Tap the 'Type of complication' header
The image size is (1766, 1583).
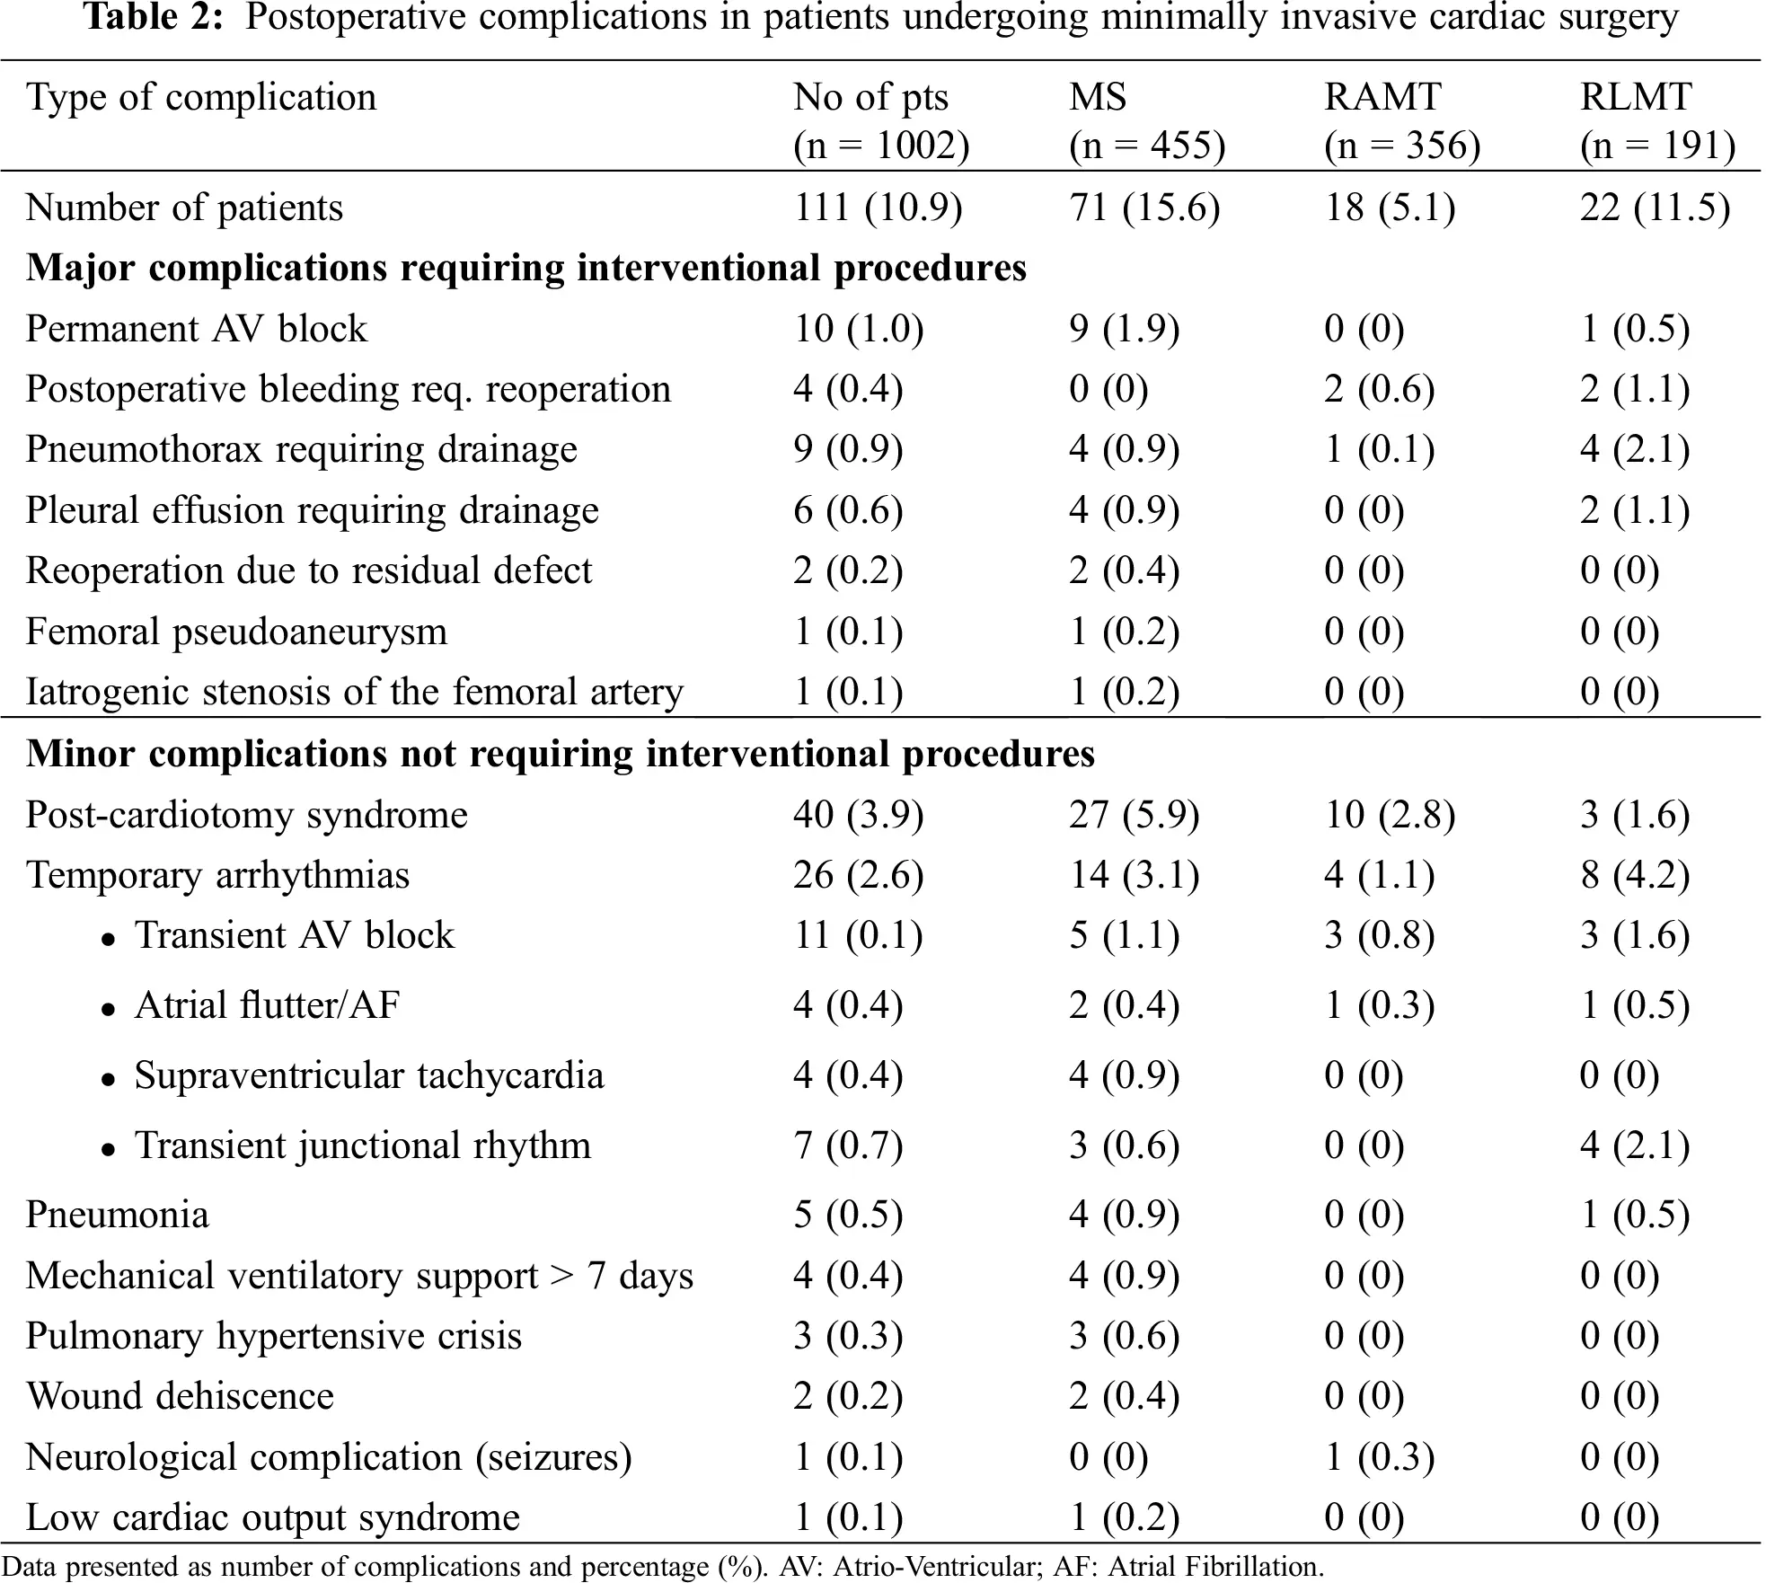click(201, 98)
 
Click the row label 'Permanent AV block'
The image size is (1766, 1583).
click(197, 329)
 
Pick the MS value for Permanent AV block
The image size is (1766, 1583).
click(1124, 330)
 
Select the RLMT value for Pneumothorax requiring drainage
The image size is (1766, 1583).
click(1635, 450)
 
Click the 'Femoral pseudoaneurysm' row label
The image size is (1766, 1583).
click(236, 632)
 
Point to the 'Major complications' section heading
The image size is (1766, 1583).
click(526, 269)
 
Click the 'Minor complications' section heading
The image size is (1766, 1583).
click(561, 754)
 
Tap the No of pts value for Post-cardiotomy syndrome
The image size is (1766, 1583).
click(858, 816)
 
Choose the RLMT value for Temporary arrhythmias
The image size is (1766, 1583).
click(1635, 876)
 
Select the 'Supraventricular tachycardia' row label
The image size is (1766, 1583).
click(369, 1076)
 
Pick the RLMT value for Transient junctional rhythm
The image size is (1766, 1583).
click(1635, 1146)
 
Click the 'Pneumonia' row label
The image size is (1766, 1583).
click(118, 1216)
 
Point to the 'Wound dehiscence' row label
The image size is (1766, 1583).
click(180, 1397)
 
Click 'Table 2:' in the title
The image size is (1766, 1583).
click(154, 18)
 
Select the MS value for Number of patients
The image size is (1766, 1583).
click(1144, 208)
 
